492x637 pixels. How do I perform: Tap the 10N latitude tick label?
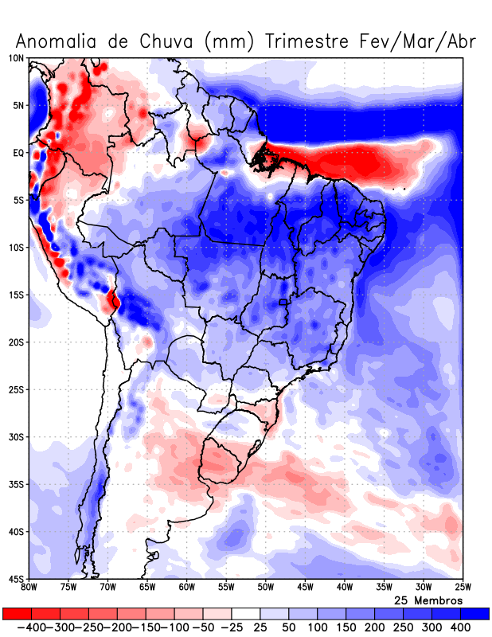point(16,58)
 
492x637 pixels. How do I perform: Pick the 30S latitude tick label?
point(16,437)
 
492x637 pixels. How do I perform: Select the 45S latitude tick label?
point(16,579)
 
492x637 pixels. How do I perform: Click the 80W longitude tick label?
point(29,588)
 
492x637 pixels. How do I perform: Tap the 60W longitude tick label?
point(186,588)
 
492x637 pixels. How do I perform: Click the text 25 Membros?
point(428,600)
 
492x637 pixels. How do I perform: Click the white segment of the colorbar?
point(246,614)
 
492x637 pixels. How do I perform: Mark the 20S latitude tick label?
point(16,342)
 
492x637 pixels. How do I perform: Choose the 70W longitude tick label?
point(108,588)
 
